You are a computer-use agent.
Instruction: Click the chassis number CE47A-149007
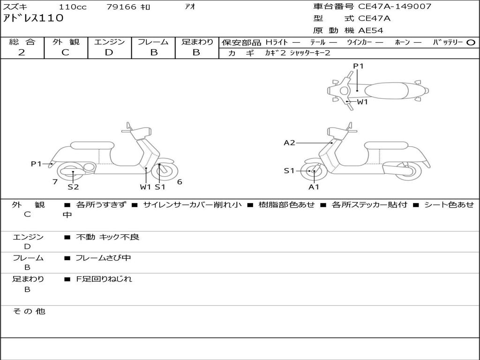395,7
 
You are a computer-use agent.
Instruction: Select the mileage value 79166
121,7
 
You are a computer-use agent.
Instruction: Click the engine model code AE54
371,30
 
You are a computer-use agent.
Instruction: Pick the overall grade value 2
22,52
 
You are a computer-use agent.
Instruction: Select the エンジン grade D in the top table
109,52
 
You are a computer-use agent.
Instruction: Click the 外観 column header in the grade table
66,42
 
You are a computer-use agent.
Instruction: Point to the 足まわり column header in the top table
197,42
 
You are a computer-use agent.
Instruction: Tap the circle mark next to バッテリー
471,42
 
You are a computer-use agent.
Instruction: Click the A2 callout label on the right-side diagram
289,142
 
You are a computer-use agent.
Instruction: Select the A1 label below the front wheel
314,187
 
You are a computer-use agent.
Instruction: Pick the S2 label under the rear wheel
73,187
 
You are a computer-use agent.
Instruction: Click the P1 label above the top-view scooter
358,66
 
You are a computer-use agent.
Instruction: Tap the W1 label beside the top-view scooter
362,102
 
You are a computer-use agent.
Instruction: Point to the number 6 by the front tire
180,182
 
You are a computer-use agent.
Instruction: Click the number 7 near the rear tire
55,182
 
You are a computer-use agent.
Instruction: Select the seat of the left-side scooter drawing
91,146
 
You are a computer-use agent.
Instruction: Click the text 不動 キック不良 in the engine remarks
108,237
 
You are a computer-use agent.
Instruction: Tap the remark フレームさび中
104,258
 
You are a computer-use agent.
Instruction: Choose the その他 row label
29,311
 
